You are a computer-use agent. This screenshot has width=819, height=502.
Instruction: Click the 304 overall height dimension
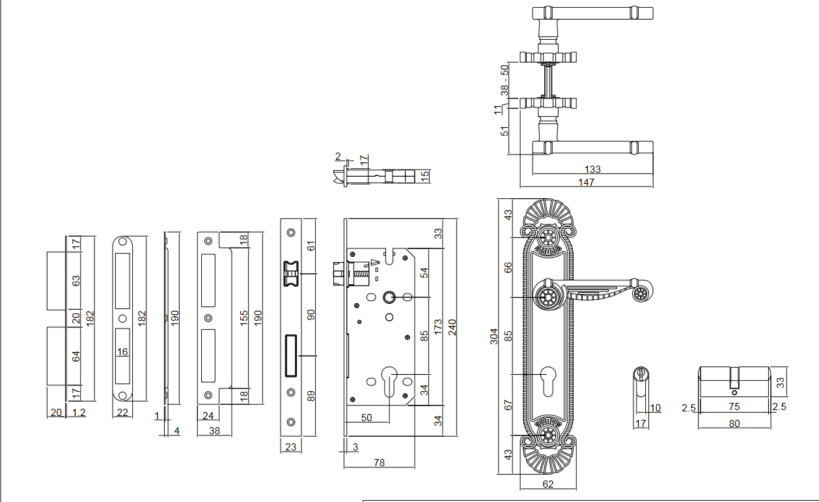tap(494, 336)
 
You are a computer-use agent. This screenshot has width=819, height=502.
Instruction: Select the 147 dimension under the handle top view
tap(587, 183)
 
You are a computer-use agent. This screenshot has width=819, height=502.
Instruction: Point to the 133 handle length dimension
tap(592, 170)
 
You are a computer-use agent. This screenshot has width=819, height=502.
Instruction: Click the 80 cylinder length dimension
tap(734, 423)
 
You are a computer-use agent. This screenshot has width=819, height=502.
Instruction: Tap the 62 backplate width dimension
tap(548, 484)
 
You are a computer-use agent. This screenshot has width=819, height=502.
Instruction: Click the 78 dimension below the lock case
tap(379, 462)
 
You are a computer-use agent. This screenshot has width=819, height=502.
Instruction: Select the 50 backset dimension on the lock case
tap(367, 417)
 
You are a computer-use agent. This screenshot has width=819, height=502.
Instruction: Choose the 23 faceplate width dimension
tap(291, 447)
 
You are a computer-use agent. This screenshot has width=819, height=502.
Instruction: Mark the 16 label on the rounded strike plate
tap(122, 352)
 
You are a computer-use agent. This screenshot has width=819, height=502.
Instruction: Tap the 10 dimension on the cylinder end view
tap(655, 408)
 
